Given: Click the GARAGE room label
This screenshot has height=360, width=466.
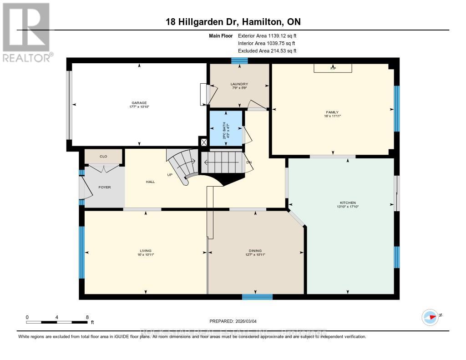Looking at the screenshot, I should (140, 103).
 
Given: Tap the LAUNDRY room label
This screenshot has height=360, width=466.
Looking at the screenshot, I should (239, 84).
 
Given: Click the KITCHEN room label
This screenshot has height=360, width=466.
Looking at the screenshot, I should (348, 203).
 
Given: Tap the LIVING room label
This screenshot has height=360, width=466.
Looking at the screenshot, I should (146, 250).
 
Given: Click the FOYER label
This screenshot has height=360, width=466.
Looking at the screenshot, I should (105, 187).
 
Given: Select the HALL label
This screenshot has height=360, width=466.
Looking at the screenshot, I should (150, 182).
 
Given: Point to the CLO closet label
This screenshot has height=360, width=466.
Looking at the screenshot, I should (103, 156).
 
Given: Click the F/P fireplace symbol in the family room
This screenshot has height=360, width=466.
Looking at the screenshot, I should (333, 68).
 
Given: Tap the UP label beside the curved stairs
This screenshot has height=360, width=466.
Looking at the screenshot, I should (170, 174).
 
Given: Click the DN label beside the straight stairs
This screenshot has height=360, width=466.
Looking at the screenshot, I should (249, 162).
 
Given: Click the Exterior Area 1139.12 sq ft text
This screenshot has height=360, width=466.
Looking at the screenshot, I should (268, 35).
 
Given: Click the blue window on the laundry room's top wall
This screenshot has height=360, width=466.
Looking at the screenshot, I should (239, 61).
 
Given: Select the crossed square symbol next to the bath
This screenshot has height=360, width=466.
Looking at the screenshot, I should (203, 142).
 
